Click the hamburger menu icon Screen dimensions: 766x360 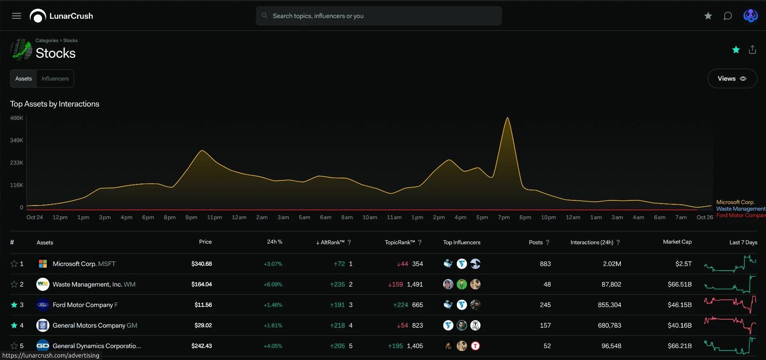tap(16, 16)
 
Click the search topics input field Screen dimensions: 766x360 tap(379, 16)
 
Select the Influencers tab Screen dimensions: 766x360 tap(55, 79)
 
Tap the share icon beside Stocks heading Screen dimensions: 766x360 tap(752, 49)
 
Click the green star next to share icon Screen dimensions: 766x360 tap(736, 49)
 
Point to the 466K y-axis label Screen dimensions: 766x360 tap(17, 118)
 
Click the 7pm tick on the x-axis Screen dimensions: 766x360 tap(504, 218)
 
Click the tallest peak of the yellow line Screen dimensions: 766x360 tap(507, 118)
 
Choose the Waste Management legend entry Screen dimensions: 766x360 tap(741, 209)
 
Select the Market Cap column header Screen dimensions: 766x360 tap(677, 242)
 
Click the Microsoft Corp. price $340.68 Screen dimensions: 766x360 tap(201, 264)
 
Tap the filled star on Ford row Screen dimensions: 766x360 tap(14, 305)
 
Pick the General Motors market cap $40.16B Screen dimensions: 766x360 tap(680, 325)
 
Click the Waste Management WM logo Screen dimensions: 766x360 tap(43, 284)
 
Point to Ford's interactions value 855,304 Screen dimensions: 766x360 tap(610, 305)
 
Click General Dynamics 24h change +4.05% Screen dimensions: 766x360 tap(273, 346)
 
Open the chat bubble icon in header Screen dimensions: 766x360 tap(728, 16)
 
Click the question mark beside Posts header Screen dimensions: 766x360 tap(547, 242)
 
